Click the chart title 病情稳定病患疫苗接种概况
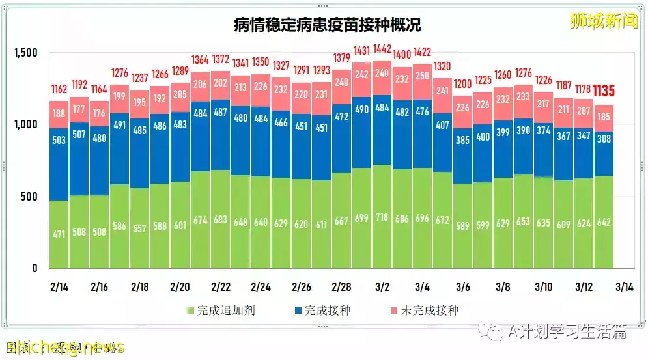[327, 25]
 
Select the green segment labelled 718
[382, 216]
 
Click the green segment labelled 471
[59, 234]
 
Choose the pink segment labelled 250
[423, 76]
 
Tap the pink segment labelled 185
[604, 118]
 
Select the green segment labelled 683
[221, 219]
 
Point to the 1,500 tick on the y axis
[25, 53]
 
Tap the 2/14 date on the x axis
[59, 287]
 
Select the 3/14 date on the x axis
[624, 287]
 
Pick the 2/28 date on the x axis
[342, 287]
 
